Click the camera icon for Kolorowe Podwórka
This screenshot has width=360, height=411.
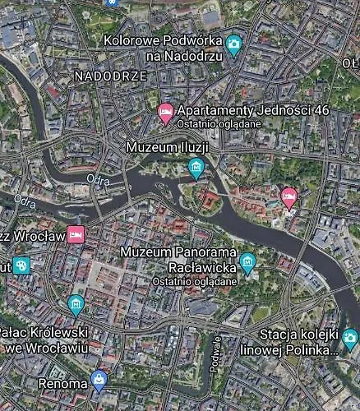click(234, 44)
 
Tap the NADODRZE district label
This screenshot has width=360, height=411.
click(110, 76)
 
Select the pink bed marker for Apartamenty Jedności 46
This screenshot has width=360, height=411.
click(165, 113)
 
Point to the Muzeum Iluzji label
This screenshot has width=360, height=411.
click(167, 146)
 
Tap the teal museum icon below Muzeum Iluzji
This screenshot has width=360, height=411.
click(196, 168)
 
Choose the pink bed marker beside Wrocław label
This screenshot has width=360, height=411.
click(76, 234)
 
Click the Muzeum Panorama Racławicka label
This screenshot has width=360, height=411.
click(178, 258)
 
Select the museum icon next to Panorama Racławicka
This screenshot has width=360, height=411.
click(248, 262)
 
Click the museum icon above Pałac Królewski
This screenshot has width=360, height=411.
click(76, 306)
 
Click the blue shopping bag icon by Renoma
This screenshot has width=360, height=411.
click(100, 379)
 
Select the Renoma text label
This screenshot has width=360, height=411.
click(62, 383)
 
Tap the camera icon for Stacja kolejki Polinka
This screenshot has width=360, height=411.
click(350, 337)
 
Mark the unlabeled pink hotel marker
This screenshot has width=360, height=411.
click(288, 196)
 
